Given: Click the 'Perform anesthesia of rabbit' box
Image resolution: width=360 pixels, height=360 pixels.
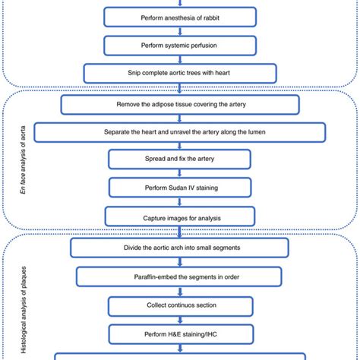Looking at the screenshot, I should coord(180,17).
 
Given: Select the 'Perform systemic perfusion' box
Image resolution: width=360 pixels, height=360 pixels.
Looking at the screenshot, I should coord(180,45).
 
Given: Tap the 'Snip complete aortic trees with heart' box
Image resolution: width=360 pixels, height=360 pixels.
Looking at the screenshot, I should coord(180,73).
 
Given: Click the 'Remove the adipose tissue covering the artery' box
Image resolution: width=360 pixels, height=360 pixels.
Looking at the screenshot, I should coord(180,104).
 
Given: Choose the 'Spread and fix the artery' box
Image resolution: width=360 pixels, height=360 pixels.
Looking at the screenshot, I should coord(180,159).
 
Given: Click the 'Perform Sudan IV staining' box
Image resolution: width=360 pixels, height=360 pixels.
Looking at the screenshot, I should coord(180,187).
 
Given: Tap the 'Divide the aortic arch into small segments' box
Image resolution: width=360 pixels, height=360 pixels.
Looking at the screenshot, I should coord(180,248).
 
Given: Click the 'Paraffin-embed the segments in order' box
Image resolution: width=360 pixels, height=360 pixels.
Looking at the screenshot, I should coord(180,276).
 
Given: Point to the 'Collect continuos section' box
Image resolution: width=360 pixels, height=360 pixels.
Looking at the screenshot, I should coord(180,305).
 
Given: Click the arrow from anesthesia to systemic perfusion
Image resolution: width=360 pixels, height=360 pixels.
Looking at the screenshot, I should coord(180,30).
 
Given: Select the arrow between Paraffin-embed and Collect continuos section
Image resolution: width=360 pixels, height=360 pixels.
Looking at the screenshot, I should coord(180,290).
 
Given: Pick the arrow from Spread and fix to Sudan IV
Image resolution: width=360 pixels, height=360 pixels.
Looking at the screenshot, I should coord(180,172).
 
